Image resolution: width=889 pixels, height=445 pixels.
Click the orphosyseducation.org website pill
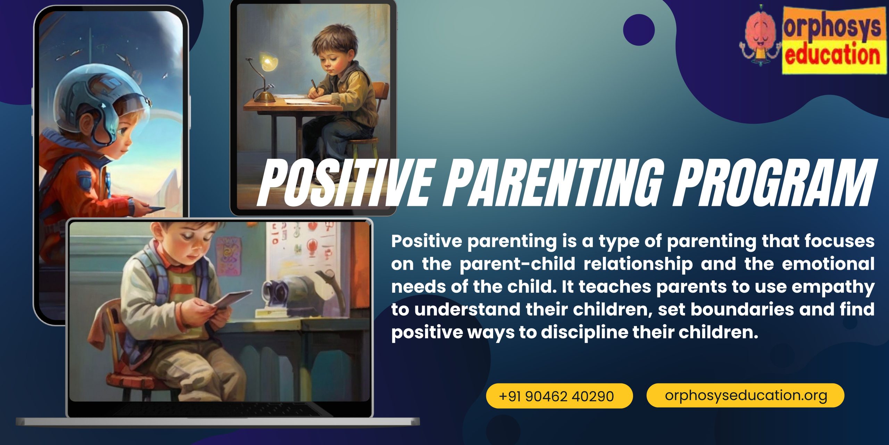tap(745, 395)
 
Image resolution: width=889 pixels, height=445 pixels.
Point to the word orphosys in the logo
tap(832, 27)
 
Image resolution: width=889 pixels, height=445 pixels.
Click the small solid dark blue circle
tap(639, 30)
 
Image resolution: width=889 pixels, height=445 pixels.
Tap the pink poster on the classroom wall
tap(228, 256)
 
